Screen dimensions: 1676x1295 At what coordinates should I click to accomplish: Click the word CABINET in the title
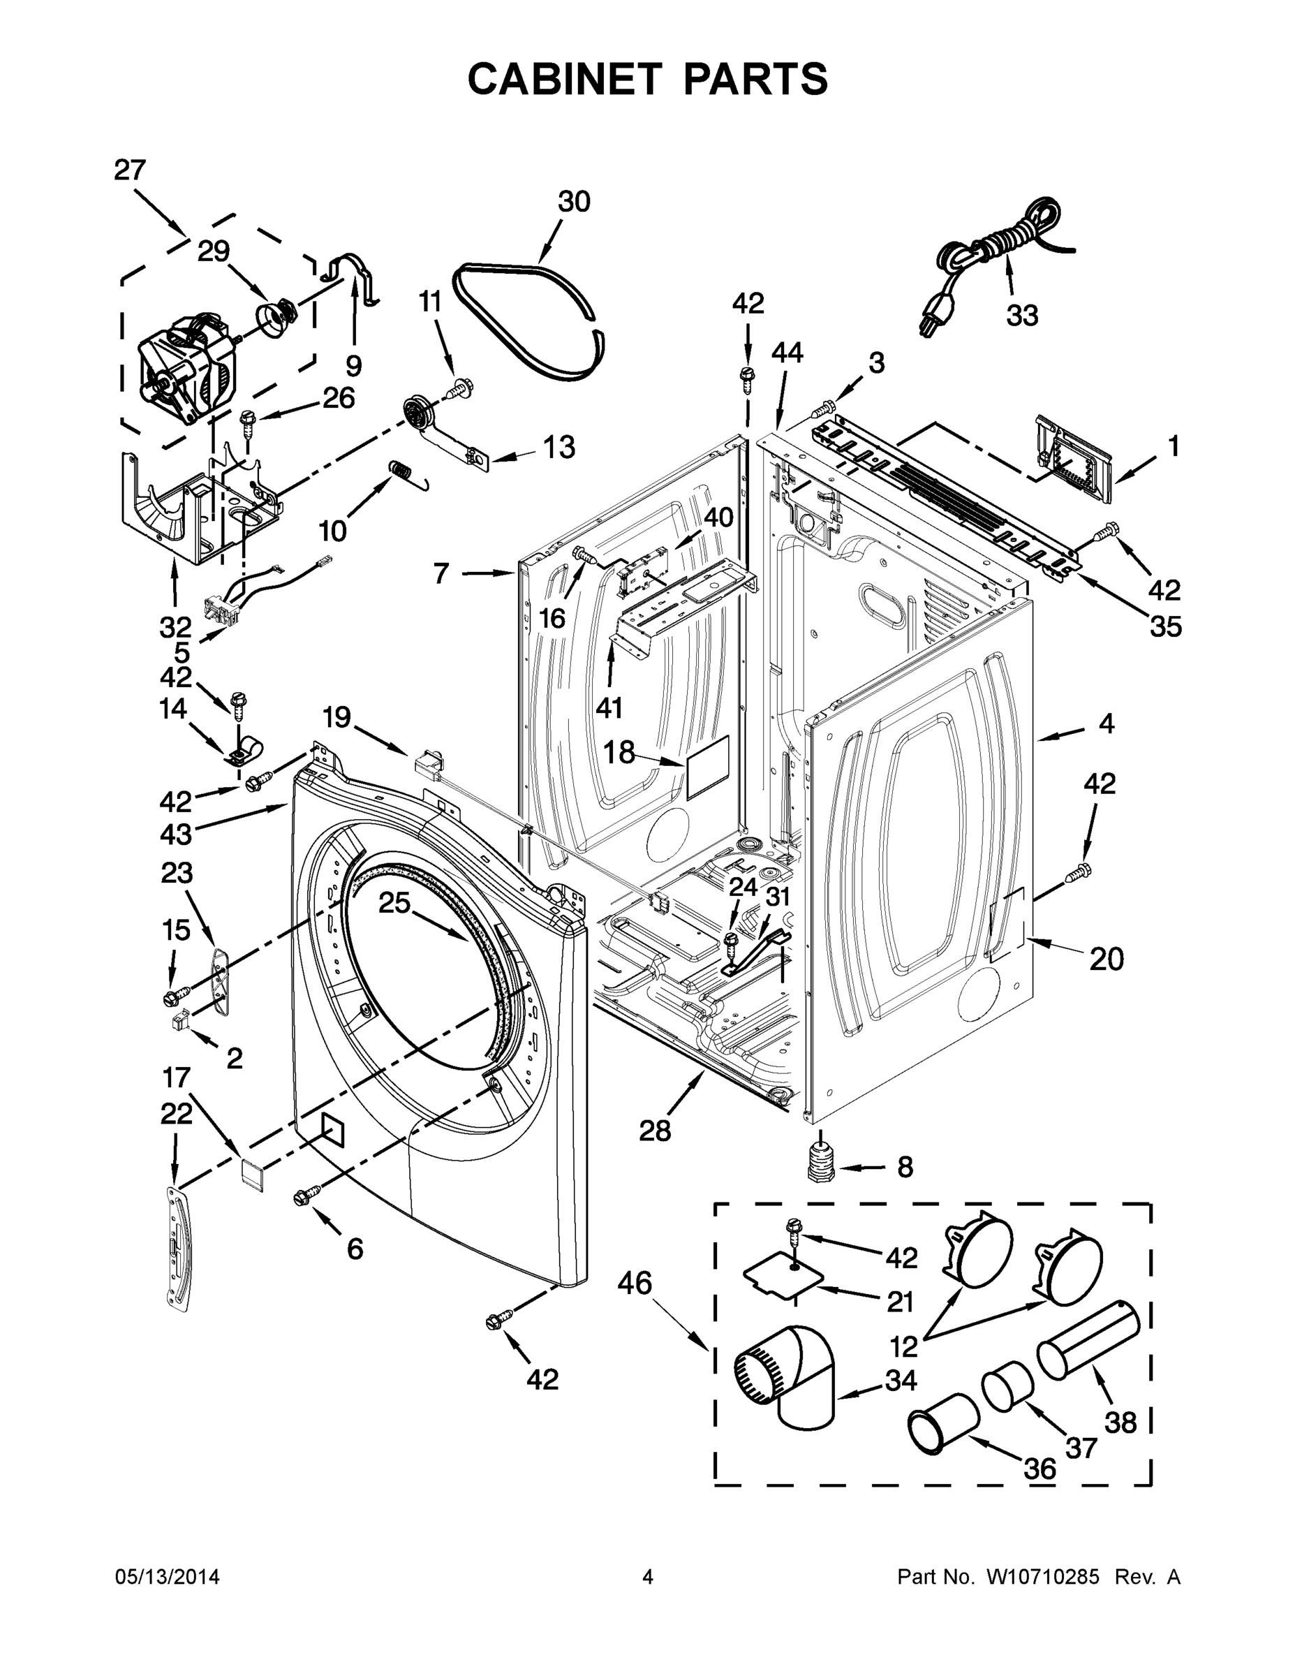pyautogui.click(x=564, y=79)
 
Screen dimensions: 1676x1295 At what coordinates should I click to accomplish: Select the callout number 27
pyautogui.click(x=130, y=170)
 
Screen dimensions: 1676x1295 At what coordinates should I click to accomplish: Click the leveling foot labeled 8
pyautogui.click(x=822, y=1165)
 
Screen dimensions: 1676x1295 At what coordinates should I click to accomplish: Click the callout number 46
pyautogui.click(x=635, y=1282)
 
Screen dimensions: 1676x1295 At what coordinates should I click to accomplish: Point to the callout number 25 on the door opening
pyautogui.click(x=394, y=903)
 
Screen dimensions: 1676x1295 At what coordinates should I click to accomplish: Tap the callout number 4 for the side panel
pyautogui.click(x=1106, y=723)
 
